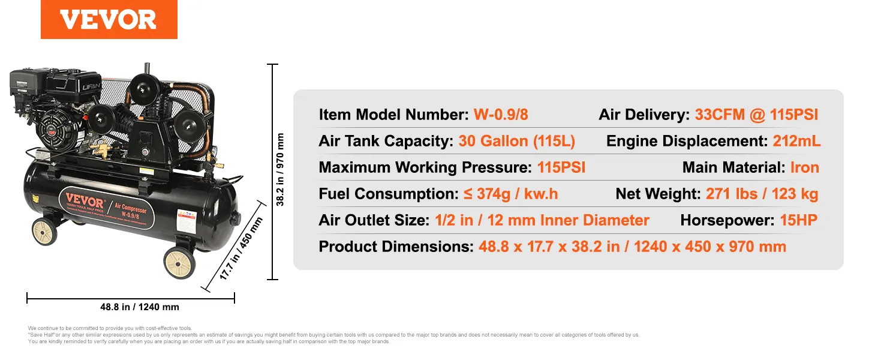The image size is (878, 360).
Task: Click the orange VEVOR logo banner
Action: (x=109, y=19)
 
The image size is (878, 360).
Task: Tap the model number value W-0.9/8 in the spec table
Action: (x=501, y=115)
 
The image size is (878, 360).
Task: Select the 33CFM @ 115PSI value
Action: (x=756, y=115)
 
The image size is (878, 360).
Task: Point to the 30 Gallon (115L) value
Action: (x=516, y=141)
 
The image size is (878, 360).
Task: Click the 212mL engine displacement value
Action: (x=796, y=141)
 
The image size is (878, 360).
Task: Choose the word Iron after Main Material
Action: (x=804, y=167)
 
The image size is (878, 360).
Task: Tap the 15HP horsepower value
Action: (x=798, y=220)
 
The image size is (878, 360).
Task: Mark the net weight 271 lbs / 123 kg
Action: (x=762, y=194)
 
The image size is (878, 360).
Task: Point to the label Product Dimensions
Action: (x=396, y=247)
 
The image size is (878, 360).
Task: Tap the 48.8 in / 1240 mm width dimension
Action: (x=140, y=307)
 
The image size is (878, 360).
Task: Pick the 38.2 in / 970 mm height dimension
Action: (x=280, y=170)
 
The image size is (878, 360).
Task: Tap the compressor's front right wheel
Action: (x=179, y=262)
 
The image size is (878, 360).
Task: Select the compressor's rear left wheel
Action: (x=44, y=232)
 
